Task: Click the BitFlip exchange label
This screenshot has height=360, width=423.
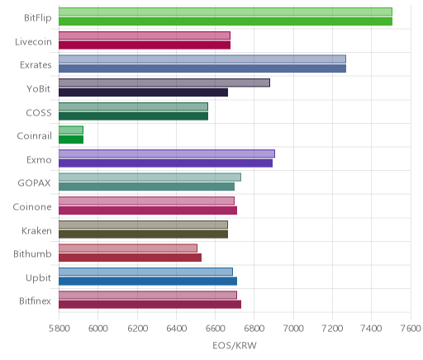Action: pyautogui.click(x=38, y=18)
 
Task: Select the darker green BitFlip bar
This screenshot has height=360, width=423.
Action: pyautogui.click(x=226, y=21)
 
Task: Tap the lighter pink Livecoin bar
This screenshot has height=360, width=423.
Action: pyautogui.click(x=145, y=36)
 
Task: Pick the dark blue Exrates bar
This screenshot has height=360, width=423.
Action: pyautogui.click(x=202, y=69)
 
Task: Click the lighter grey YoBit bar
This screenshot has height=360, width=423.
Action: pyautogui.click(x=164, y=83)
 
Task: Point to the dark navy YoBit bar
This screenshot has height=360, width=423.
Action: pyautogui.click(x=143, y=92)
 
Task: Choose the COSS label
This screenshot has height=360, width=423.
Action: pyautogui.click(x=39, y=112)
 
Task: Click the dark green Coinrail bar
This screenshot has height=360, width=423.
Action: pyautogui.click(x=71, y=140)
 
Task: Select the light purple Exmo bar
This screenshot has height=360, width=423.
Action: pyautogui.click(x=167, y=154)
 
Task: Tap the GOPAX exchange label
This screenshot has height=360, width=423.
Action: pyautogui.click(x=35, y=183)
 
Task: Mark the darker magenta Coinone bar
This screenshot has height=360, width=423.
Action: pyautogui.click(x=148, y=211)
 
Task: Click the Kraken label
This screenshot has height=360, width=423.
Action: pyautogui.click(x=36, y=230)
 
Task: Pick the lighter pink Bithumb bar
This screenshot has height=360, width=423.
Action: pyautogui.click(x=128, y=248)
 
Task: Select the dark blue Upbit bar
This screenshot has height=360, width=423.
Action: pyautogui.click(x=148, y=282)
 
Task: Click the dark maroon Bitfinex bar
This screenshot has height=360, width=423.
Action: pyautogui.click(x=150, y=305)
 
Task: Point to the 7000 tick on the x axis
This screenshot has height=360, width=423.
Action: pyautogui.click(x=293, y=329)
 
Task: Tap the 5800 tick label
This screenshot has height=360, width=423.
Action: pyautogui.click(x=59, y=329)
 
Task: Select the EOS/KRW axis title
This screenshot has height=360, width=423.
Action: pyautogui.click(x=235, y=345)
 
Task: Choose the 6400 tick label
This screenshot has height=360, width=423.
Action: pyautogui.click(x=177, y=329)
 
